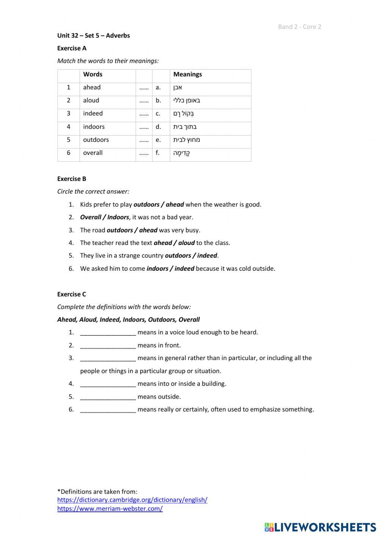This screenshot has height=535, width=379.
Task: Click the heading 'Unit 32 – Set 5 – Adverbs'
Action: (93, 36)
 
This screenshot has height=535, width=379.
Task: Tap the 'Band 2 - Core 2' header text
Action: (299, 27)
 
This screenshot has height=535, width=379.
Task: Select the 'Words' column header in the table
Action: (93, 75)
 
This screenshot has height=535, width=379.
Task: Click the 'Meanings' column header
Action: (188, 75)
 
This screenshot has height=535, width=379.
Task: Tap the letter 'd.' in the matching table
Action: (158, 127)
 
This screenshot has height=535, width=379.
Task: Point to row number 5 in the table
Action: (69, 140)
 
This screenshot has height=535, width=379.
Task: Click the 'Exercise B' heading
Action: (72, 179)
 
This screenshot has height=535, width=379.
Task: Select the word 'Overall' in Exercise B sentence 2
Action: (91, 217)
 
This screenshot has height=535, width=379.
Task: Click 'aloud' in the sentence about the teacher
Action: (186, 243)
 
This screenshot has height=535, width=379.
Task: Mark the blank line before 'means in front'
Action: (108, 346)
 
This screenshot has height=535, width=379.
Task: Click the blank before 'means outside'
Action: (108, 397)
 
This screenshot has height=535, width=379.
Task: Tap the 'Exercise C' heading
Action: (72, 294)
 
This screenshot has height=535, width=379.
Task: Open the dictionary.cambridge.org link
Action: (132, 500)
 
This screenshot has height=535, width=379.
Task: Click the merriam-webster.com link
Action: (110, 509)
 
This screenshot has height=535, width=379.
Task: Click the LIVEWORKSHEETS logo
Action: (320, 527)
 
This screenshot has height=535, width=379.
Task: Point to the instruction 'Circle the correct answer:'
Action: (93, 192)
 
